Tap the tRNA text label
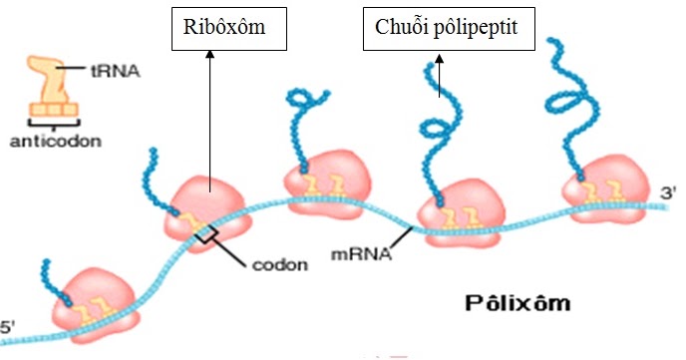tap(116, 71)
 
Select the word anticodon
tap(56, 142)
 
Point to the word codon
tap(280, 264)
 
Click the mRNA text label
tap(361, 254)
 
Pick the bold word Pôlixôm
tap(517, 303)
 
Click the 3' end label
tap(669, 192)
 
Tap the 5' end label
tap(7, 328)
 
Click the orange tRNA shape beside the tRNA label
tap(52, 86)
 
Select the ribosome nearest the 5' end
tap(96, 305)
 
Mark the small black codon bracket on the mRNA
tap(205, 234)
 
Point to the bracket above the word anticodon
tap(54, 124)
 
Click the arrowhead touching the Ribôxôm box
tap(210, 54)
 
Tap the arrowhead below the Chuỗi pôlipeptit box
tap(440, 58)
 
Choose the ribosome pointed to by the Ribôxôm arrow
tap(207, 213)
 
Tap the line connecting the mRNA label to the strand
tap(401, 238)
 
